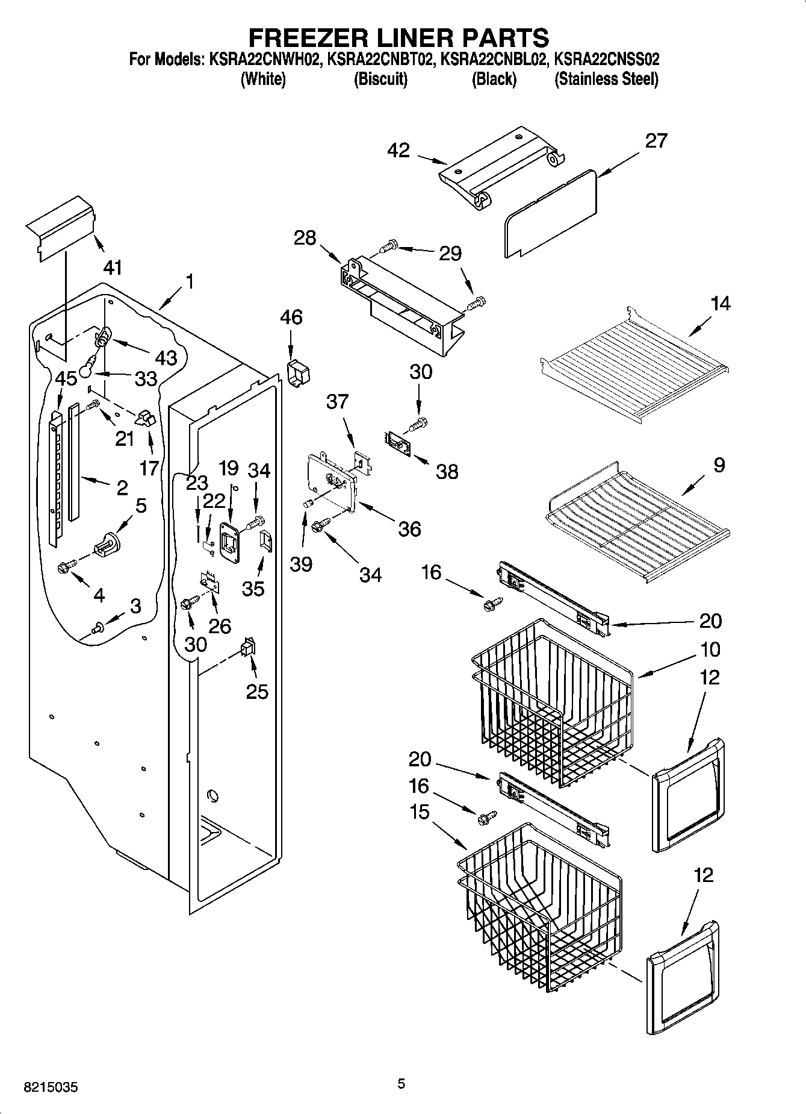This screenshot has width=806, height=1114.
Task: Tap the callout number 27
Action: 656,140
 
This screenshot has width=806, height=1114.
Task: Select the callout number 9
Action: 719,465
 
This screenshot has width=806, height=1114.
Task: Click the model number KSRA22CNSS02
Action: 606,60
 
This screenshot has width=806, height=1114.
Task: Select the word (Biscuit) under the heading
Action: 380,79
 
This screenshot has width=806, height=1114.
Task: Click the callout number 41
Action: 113,268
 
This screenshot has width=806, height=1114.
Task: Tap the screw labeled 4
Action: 65,566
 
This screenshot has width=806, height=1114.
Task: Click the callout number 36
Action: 409,528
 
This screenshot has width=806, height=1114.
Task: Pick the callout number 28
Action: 305,238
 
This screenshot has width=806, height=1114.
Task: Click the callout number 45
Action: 66,378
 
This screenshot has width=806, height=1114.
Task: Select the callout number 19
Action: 229,468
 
